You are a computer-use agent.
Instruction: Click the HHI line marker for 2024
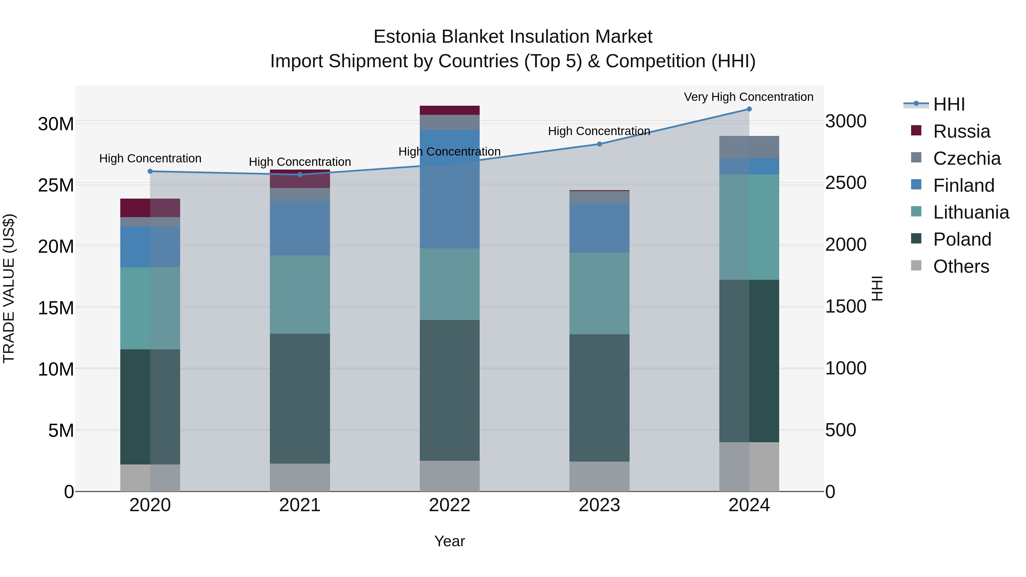pyautogui.click(x=749, y=109)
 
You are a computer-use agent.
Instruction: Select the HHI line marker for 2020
pyautogui.click(x=150, y=171)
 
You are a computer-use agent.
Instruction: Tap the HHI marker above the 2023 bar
pyautogui.click(x=599, y=144)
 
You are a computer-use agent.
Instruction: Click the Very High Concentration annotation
pyautogui.click(x=748, y=97)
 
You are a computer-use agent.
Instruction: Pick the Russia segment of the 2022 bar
pyautogui.click(x=450, y=110)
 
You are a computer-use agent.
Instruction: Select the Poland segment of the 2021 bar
pyautogui.click(x=300, y=398)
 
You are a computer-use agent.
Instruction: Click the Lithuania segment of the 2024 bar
pyautogui.click(x=749, y=227)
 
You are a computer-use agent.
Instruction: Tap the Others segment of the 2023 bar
pyautogui.click(x=599, y=477)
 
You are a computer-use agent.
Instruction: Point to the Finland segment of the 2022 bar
pyautogui.click(x=450, y=189)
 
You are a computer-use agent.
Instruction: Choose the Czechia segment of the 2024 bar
pyautogui.click(x=749, y=147)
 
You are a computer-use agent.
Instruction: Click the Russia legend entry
pyautogui.click(x=962, y=131)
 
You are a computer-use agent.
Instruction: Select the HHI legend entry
pyautogui.click(x=949, y=104)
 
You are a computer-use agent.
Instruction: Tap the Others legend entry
pyautogui.click(x=961, y=266)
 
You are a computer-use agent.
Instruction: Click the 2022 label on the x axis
pyautogui.click(x=450, y=505)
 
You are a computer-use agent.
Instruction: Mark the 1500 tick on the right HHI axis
pyautogui.click(x=845, y=307)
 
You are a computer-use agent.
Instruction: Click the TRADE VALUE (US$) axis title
pyautogui.click(x=9, y=288)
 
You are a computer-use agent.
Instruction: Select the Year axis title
pyautogui.click(x=450, y=541)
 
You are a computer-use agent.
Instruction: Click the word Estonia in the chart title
pyautogui.click(x=405, y=37)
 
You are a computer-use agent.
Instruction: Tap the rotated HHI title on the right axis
pyautogui.click(x=877, y=288)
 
